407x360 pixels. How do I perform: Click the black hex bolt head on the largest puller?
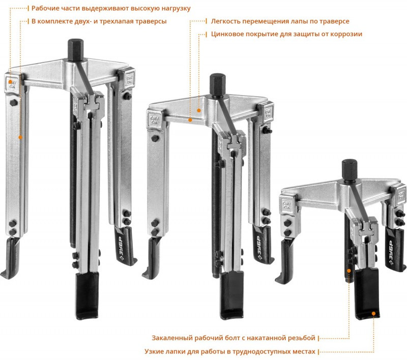tap(75, 50)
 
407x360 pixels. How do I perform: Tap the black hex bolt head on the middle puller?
tap(218, 85)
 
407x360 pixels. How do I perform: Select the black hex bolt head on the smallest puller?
tap(350, 170)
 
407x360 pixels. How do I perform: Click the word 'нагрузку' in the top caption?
tap(176, 8)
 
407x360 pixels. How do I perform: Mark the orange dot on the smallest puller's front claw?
tap(373, 313)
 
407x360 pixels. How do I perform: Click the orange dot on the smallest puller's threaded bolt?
tap(349, 271)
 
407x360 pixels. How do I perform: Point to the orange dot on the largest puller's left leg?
tap(20, 137)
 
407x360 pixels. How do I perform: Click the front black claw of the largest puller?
tap(87, 295)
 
